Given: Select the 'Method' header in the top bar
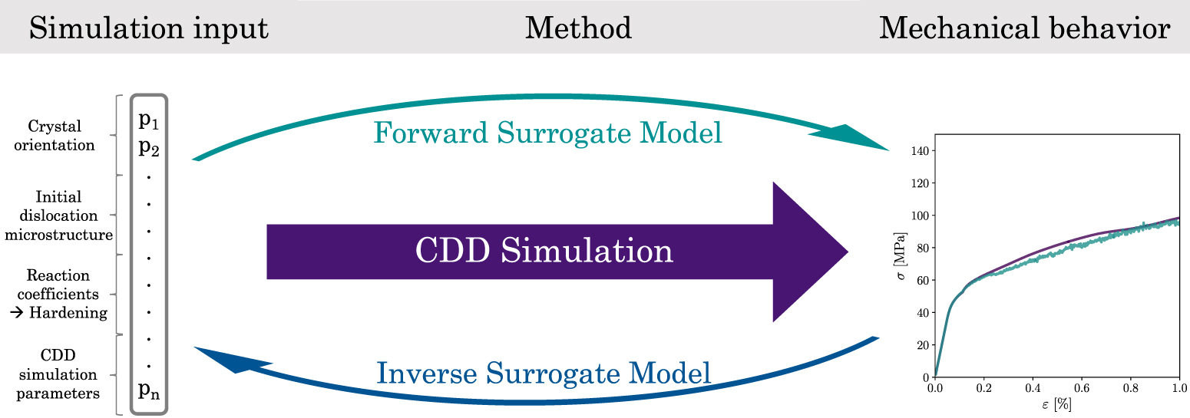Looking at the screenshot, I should (578, 28).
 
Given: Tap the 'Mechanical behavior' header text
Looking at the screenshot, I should (1024, 28).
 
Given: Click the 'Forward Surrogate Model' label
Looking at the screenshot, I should (547, 133).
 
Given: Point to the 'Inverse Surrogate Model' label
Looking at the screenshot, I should (544, 374).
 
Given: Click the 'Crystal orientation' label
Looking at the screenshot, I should (54, 135).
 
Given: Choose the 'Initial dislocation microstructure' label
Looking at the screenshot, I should (58, 216).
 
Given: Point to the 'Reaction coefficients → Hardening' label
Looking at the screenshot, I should (57, 294).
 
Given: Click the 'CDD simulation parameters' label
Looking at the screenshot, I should (58, 375).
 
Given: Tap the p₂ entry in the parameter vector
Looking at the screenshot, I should (150, 146).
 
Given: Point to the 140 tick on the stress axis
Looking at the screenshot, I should (920, 150).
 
